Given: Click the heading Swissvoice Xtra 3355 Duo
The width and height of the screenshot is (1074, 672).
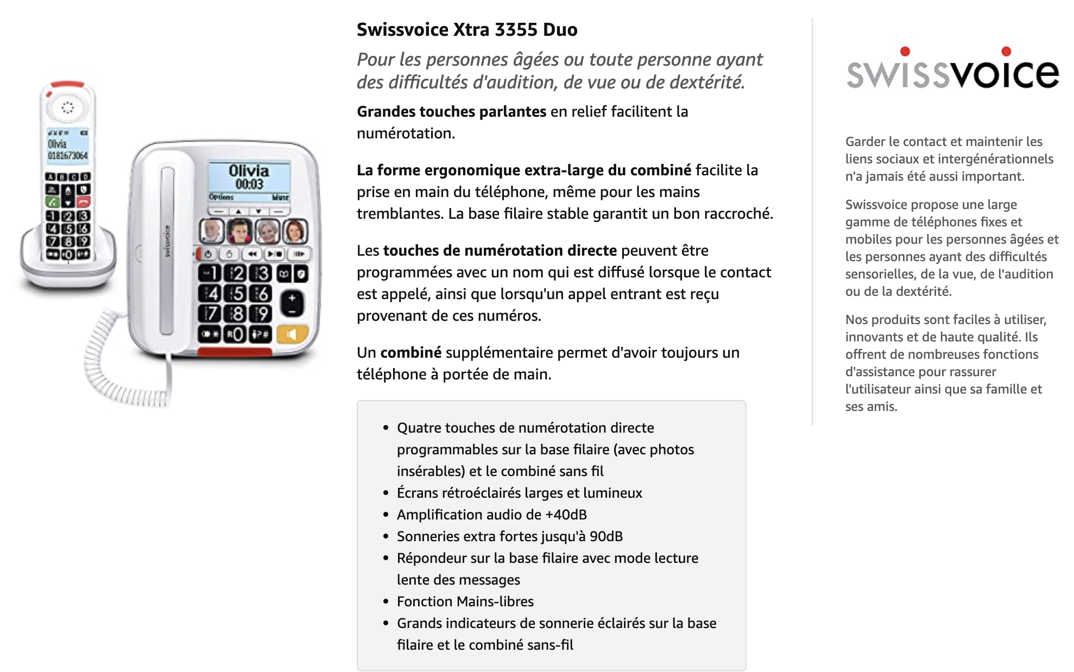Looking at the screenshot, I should pos(467,29).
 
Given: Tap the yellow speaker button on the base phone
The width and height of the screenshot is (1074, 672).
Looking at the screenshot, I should pos(292,334).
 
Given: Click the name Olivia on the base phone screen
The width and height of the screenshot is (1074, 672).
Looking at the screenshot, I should pos(249,170).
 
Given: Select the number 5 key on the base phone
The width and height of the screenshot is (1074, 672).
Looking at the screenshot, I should pos(237,294).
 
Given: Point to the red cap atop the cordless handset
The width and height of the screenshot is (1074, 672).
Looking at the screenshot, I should pos(67,85).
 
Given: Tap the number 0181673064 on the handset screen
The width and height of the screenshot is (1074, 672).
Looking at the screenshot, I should pos(67,156).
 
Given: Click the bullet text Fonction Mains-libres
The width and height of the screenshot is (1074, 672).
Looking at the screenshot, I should pos(465,601).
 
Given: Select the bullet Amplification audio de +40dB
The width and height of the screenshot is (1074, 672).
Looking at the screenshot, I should pos(492,515).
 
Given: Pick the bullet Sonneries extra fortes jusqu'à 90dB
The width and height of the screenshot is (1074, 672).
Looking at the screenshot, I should pos(510,536).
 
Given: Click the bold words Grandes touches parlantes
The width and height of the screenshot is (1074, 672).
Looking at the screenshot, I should pos(451,111).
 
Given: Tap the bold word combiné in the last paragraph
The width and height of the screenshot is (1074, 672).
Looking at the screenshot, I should pos(411,352).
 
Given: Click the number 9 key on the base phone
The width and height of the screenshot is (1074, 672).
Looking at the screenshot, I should pos(262,313).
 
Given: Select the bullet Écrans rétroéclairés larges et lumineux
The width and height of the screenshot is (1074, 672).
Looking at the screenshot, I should pos(520,493).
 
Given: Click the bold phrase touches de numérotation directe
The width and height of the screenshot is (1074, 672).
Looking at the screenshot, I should pos(500,250).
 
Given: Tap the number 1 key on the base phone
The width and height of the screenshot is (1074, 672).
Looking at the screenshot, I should pos(210,273).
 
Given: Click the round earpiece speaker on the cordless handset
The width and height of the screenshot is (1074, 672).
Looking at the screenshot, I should pos(67,107).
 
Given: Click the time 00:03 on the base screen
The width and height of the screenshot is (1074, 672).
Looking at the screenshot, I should pos(249,185).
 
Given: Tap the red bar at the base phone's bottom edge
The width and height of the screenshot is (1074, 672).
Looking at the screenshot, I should pos(235,352).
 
